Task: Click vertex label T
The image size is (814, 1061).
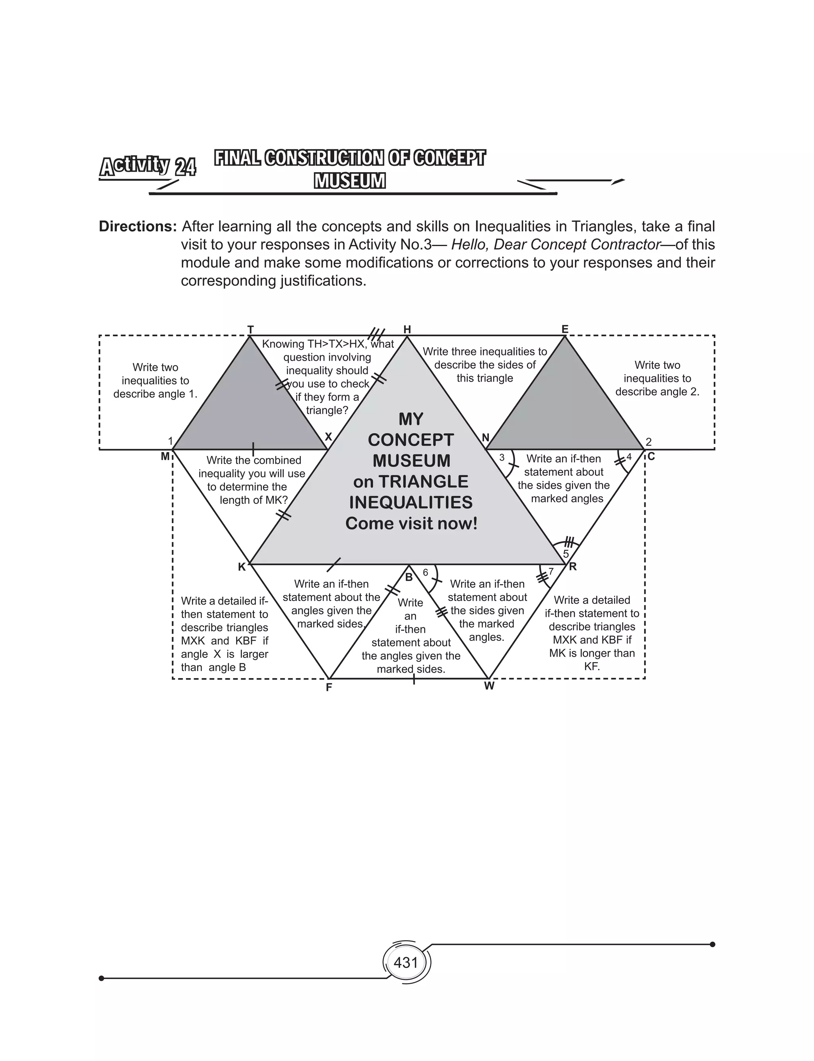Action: click(250, 330)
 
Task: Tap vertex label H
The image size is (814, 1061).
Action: click(407, 330)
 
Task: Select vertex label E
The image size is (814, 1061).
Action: click(564, 330)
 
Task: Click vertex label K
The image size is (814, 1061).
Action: click(242, 567)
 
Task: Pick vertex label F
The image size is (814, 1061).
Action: click(329, 687)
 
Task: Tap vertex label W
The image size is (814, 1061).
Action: click(489, 686)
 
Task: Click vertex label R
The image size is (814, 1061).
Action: click(573, 566)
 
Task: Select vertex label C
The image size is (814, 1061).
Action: click(651, 456)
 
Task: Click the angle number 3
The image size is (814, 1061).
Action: click(502, 457)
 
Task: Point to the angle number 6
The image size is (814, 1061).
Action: click(425, 573)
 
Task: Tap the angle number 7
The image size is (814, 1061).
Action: click(551, 572)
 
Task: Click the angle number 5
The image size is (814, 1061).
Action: click(566, 554)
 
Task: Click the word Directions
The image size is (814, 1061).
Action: click(138, 226)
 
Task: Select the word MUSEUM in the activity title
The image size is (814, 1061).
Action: click(350, 181)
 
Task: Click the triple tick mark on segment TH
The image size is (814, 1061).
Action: click(376, 334)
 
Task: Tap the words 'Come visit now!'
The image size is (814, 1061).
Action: click(411, 523)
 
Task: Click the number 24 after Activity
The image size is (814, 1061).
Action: click(185, 168)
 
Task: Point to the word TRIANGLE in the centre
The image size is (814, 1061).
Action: click(423, 481)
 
